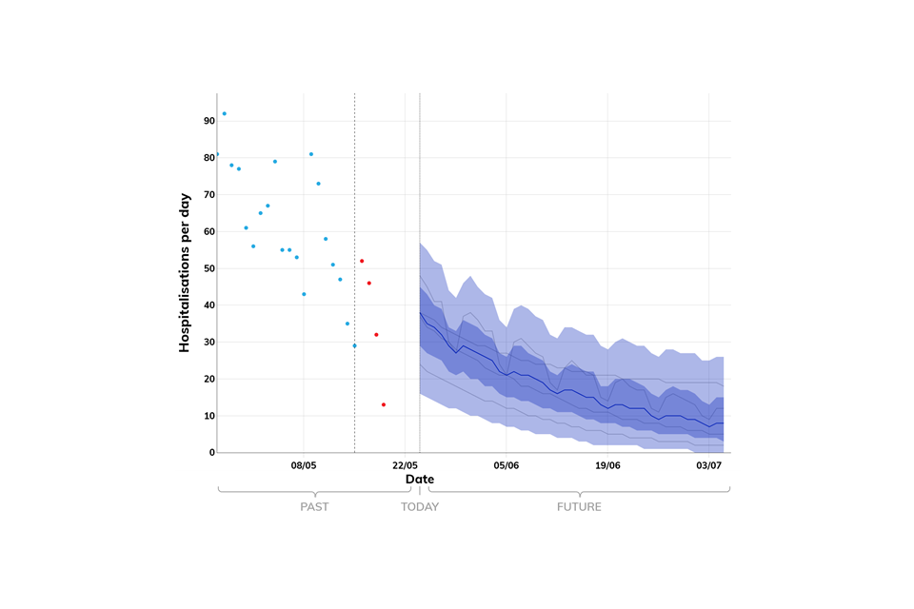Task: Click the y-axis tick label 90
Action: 209,121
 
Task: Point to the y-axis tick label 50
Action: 209,268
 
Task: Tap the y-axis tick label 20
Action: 209,379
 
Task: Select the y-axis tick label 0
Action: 212,453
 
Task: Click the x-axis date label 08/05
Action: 303,465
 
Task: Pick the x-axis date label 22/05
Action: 405,465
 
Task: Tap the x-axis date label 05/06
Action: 506,465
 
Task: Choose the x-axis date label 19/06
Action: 607,465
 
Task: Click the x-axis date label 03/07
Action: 708,465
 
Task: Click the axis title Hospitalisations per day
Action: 185,273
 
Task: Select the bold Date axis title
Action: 420,480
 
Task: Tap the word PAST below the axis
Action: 314,507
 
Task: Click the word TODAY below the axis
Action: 420,507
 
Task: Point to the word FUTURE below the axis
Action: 579,507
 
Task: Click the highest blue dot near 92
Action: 224,114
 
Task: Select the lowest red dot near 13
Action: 384,404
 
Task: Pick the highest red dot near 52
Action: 362,261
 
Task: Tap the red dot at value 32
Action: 376,335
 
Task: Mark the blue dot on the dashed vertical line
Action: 354,345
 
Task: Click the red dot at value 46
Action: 369,283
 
